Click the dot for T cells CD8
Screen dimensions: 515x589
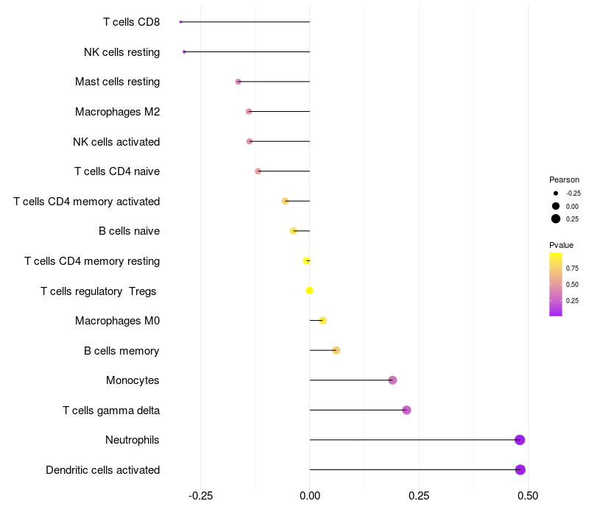(x=180, y=21)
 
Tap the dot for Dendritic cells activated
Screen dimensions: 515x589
(x=520, y=469)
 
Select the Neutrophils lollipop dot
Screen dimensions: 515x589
(x=520, y=440)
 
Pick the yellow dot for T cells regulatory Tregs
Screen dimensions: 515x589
(x=309, y=291)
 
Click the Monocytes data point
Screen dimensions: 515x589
(x=392, y=380)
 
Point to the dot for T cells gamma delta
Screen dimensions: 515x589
(x=406, y=410)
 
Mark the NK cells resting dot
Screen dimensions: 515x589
(x=184, y=51)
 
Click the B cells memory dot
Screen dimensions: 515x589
(x=336, y=350)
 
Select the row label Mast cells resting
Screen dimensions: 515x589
(x=117, y=82)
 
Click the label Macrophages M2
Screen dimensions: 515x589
(x=117, y=112)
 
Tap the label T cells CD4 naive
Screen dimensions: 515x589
(x=117, y=171)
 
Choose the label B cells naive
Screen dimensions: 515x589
(x=129, y=231)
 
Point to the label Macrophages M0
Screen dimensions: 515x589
(x=117, y=321)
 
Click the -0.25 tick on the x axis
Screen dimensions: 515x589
(x=200, y=496)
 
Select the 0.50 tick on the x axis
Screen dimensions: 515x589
(x=527, y=496)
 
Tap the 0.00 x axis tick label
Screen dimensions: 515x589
(x=310, y=496)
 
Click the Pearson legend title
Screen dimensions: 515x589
(x=564, y=180)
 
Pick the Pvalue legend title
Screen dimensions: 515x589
(x=561, y=245)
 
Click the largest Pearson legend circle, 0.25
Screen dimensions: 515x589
(x=556, y=219)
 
